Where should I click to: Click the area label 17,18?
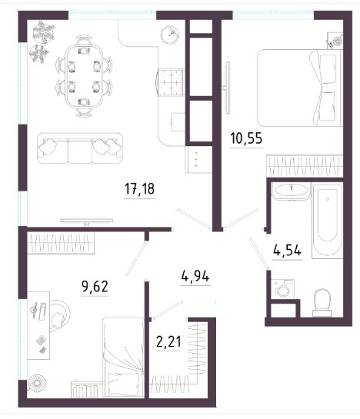[x=139, y=189]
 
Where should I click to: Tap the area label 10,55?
[x=246, y=138]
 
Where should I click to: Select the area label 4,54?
[x=287, y=251]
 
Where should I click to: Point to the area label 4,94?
[x=195, y=277]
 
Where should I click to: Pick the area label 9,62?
[x=95, y=287]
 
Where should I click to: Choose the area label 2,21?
[x=168, y=342]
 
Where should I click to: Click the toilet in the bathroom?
[x=322, y=303]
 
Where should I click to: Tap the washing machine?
[x=283, y=289]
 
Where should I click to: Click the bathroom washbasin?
[x=291, y=191]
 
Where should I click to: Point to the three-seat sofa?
[x=80, y=148]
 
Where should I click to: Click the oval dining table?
[x=84, y=76]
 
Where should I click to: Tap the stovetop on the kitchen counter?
[x=170, y=82]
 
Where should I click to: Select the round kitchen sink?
[x=170, y=34]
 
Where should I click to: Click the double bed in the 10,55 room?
[x=299, y=88]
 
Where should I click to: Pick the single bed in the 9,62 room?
[x=123, y=357]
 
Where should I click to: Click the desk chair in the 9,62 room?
[x=60, y=314]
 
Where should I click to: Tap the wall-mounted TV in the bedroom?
[x=228, y=88]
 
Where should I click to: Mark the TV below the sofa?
[x=86, y=221]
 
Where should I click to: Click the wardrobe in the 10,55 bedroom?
[x=305, y=165]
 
